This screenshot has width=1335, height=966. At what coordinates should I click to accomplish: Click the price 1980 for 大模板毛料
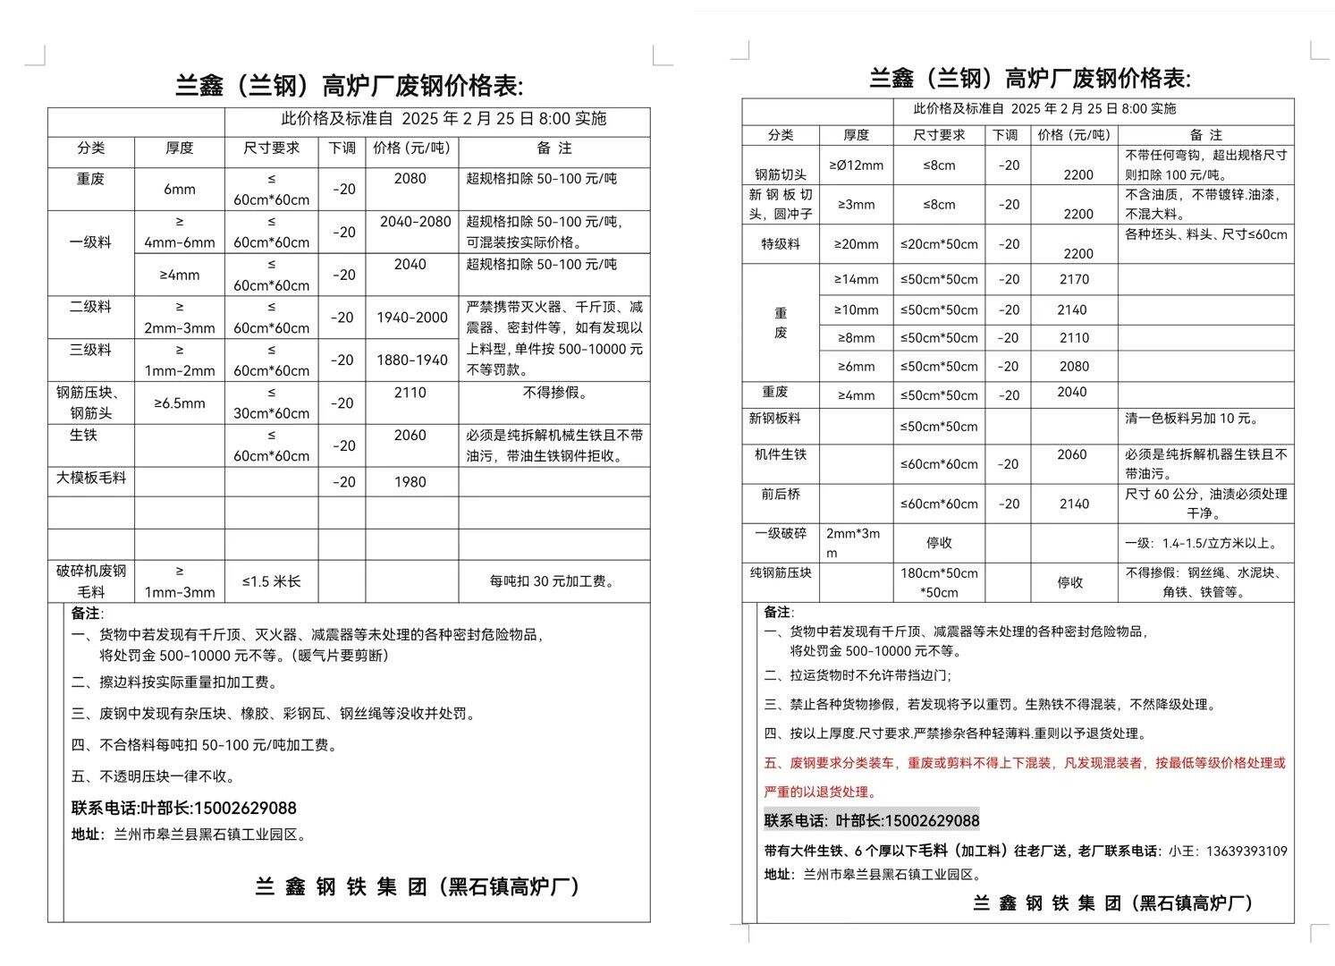click(x=410, y=482)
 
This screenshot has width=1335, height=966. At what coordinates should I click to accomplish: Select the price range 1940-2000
click(x=412, y=318)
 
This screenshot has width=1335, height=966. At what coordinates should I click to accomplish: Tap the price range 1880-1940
click(x=412, y=360)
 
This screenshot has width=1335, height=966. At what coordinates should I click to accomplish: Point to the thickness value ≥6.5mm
click(x=180, y=403)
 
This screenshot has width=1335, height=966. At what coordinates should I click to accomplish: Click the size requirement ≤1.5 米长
click(x=272, y=581)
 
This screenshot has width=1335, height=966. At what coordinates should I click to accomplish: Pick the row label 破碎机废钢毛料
click(x=91, y=581)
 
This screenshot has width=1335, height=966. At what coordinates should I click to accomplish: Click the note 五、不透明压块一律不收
click(x=154, y=776)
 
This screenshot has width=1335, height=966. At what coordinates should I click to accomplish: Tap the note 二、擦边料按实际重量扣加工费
click(x=175, y=682)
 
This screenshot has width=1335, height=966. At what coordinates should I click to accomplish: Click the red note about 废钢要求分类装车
click(x=1025, y=764)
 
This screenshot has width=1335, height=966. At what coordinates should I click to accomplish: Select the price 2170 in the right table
click(x=1074, y=280)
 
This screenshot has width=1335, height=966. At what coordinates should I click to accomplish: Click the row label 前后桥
click(x=781, y=494)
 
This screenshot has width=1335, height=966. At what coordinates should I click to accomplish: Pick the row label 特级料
click(x=781, y=243)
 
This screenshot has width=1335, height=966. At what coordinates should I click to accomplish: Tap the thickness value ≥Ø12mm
click(x=856, y=165)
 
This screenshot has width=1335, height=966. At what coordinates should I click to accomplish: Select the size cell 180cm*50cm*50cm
click(x=939, y=582)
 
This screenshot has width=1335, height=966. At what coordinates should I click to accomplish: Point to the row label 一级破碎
click(x=781, y=533)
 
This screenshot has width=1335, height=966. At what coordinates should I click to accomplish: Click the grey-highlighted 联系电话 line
click(x=872, y=820)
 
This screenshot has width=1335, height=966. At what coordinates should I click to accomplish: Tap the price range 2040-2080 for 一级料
click(x=415, y=222)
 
